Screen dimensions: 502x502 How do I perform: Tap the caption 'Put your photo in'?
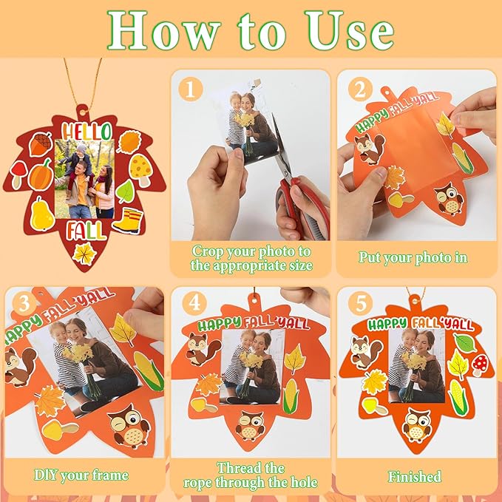point(413,258)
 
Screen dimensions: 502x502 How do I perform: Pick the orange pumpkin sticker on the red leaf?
point(41,174)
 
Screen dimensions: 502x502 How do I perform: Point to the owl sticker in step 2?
point(448,198)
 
